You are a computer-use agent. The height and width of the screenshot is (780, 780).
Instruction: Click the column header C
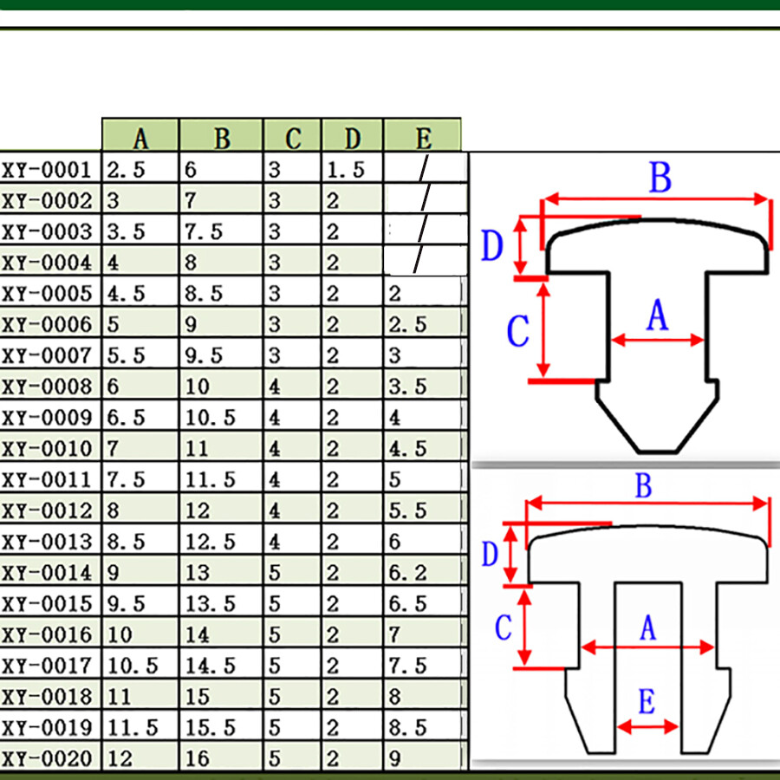293,138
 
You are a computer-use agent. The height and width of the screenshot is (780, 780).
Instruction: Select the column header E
423,138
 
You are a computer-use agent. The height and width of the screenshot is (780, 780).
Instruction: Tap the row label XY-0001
47,170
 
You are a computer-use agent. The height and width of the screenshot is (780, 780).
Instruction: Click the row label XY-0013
47,542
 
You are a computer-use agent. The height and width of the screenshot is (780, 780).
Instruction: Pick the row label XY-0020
47,758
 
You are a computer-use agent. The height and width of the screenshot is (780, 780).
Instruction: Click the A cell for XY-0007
126,355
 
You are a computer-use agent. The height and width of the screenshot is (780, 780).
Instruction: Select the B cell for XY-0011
210,479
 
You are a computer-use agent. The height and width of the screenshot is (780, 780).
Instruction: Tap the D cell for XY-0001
346,170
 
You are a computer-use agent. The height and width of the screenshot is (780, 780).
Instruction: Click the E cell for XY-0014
407,573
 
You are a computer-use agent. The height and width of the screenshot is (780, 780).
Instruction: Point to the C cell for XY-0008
275,387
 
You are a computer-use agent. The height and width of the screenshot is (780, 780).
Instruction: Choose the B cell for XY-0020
198,758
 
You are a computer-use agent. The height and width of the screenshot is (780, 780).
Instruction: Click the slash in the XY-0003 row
423,229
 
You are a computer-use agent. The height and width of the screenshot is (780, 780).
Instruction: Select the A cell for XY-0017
133,666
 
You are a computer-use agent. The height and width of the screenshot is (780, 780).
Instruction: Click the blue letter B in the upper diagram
660,178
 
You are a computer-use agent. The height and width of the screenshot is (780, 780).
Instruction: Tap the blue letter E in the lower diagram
647,701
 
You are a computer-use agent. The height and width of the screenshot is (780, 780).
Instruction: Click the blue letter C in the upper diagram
518,331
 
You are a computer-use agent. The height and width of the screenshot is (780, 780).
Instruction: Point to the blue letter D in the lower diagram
490,554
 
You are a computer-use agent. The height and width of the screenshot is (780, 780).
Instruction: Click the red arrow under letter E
647,727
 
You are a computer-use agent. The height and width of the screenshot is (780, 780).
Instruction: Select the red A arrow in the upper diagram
658,341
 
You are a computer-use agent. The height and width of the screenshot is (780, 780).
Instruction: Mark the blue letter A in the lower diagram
647,627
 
